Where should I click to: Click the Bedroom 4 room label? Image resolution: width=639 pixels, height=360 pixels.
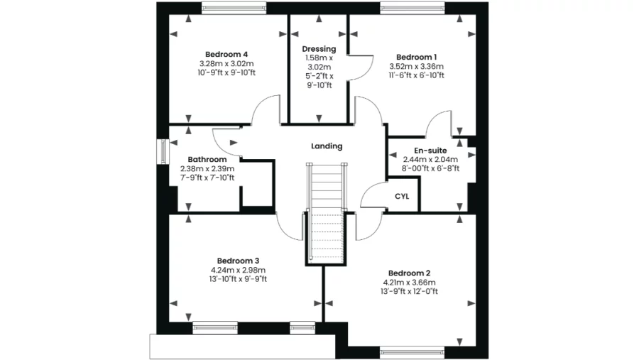[226, 54]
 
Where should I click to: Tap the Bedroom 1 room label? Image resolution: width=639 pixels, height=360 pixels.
[416, 57]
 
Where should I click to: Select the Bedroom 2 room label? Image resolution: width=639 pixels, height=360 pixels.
[409, 273]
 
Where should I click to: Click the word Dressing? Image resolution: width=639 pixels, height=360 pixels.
[319, 49]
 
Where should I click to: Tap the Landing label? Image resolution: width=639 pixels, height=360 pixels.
[327, 146]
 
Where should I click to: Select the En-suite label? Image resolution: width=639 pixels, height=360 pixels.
[430, 151]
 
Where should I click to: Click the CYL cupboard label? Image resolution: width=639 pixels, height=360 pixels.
[402, 197]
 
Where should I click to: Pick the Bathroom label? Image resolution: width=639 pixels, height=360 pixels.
[207, 159]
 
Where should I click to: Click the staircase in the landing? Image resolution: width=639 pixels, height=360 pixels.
[327, 213]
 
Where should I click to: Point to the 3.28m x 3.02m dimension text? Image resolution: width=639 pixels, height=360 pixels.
[227, 63]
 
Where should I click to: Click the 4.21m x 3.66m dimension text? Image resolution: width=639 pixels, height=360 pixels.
[409, 282]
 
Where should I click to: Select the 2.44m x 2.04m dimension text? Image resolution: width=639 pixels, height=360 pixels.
[430, 160]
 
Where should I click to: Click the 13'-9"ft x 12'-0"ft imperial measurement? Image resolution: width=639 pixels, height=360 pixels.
[410, 291]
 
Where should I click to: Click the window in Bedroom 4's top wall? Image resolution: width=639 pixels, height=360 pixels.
[234, 9]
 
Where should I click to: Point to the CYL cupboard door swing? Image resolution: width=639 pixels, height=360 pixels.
[371, 197]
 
